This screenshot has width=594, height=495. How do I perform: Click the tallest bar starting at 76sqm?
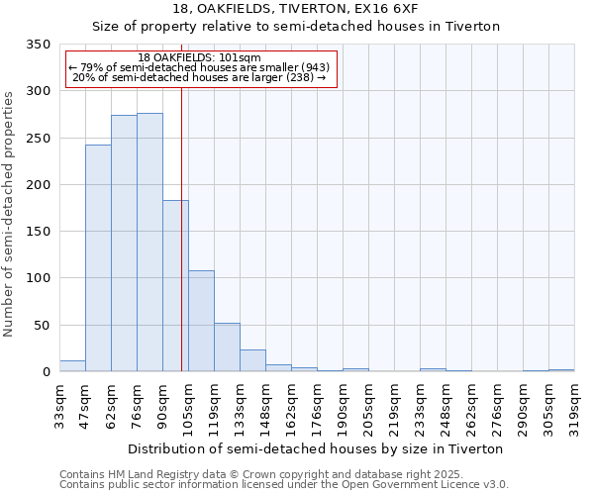149,243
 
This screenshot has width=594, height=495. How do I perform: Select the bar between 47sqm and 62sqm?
98,258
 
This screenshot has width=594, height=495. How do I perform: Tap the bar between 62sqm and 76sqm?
124,244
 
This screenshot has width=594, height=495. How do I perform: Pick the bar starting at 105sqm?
201,321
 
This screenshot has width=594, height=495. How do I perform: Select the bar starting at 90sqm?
175,286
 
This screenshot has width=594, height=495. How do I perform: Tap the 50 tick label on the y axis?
42,325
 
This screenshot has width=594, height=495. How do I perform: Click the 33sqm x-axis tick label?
59,403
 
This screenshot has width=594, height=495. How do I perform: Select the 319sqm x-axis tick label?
574,403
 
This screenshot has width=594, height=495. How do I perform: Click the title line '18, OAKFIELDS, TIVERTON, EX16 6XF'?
296,9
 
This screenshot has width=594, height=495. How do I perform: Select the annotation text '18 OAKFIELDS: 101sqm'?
199,58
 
